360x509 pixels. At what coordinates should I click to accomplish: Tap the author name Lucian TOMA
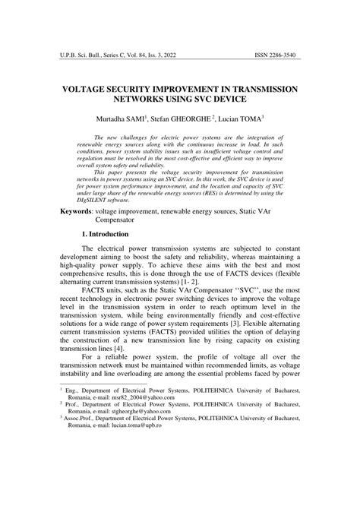tap(242, 120)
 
